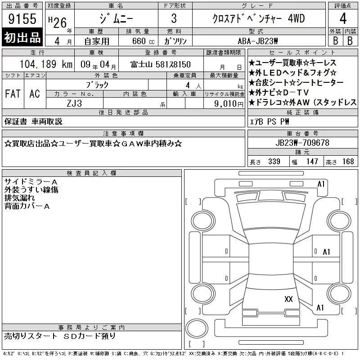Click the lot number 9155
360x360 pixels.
(22, 19)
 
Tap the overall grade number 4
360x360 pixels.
(343, 18)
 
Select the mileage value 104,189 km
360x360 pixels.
(46, 64)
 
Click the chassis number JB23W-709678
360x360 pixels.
(302, 143)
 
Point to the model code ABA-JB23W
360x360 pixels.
(258, 41)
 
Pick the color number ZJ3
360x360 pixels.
(74, 103)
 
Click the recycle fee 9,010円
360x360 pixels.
(229, 104)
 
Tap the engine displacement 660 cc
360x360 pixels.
(143, 41)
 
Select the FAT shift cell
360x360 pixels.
(13, 94)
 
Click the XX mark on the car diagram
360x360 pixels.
(288, 299)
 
